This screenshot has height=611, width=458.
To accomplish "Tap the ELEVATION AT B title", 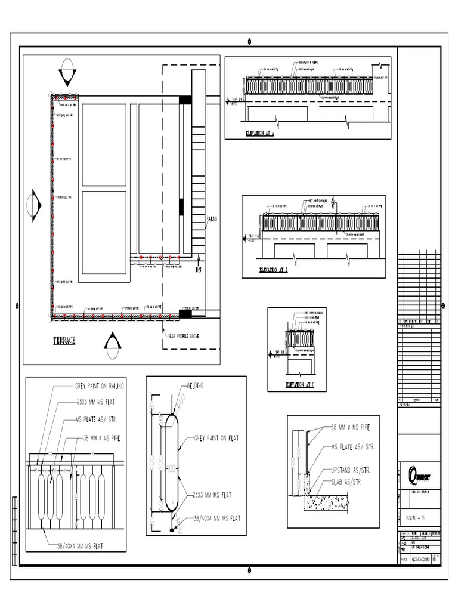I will [274, 270].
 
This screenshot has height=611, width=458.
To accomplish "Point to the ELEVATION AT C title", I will [304, 385].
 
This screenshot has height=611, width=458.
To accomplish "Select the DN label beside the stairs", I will [199, 270].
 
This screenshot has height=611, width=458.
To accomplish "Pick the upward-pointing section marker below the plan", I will [112, 345].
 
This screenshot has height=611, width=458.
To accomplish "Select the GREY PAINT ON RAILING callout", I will [99, 386].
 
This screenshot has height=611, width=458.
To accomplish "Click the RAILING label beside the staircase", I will [212, 219].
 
